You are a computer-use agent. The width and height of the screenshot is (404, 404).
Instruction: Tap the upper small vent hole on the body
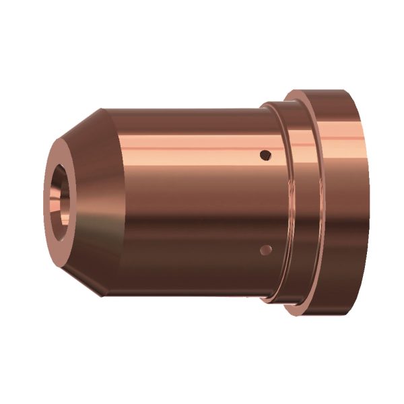(266, 155)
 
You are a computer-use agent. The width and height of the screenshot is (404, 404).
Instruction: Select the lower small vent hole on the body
(266, 250)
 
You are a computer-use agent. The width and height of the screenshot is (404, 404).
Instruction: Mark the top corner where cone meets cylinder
(102, 109)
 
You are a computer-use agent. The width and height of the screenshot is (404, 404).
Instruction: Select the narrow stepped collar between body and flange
(276, 202)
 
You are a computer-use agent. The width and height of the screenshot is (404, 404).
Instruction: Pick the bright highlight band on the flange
(330, 135)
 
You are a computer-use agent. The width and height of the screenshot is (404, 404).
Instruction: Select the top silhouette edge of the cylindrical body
(182, 110)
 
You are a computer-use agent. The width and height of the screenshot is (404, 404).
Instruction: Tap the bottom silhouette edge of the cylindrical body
(182, 296)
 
